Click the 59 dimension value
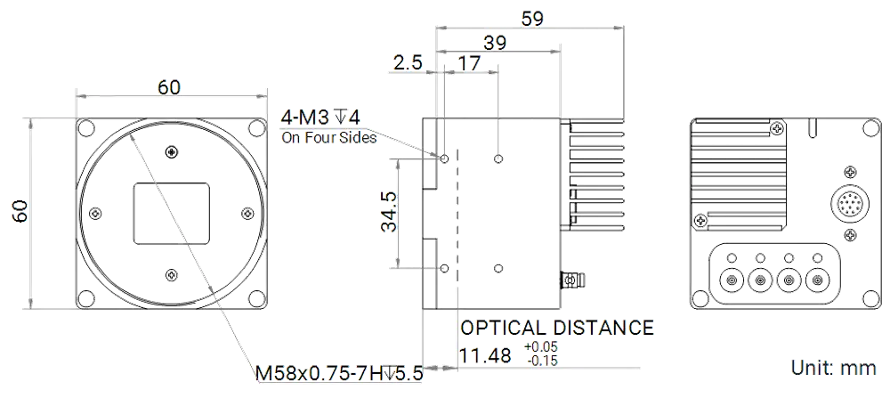pos(532,18)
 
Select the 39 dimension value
pos(494,43)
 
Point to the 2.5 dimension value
pos(408,62)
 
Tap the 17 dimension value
pos(469,62)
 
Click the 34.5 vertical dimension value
pos(390,211)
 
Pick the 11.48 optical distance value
pos(485,356)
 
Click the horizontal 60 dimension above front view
pos(168,87)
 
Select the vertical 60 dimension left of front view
pos(20,211)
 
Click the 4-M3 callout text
pos(320,118)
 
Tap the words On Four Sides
pos(328,138)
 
